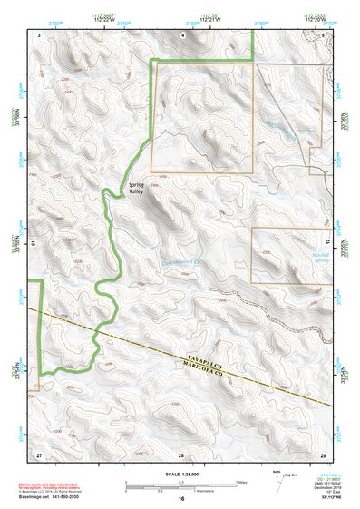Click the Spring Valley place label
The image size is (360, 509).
coord(136,188)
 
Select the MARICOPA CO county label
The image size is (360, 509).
coord(193,365)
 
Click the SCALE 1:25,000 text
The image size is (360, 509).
coord(180,474)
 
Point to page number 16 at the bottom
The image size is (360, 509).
coord(180,500)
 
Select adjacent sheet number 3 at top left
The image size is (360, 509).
coord(39,34)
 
